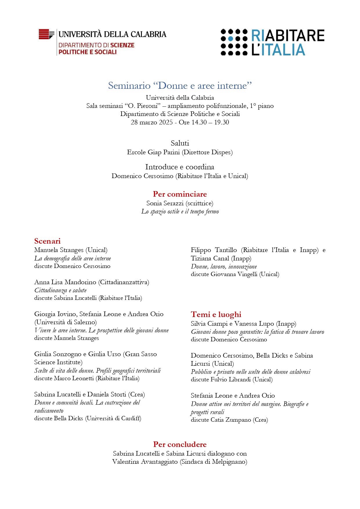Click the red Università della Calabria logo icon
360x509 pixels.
pos(46,34)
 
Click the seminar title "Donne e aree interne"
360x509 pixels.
pos(180,86)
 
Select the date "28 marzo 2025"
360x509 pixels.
pos(151,122)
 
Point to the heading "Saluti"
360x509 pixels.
pos(180,143)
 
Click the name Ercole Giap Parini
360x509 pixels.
pos(153,152)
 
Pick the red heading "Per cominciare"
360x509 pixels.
pos(180,194)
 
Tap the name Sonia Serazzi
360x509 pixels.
pos(165,203)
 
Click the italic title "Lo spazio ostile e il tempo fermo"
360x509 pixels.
pos(180,211)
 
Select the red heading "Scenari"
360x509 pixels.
pos(47,241)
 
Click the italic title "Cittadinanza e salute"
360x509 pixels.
pos(60,290)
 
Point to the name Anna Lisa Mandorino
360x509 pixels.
pos(65,282)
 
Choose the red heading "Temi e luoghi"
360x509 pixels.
pos(216,314)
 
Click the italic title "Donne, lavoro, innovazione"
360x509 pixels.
pos(224,267)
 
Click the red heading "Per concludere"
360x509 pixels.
pos(180,444)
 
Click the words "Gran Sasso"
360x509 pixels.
pos(141,354)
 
